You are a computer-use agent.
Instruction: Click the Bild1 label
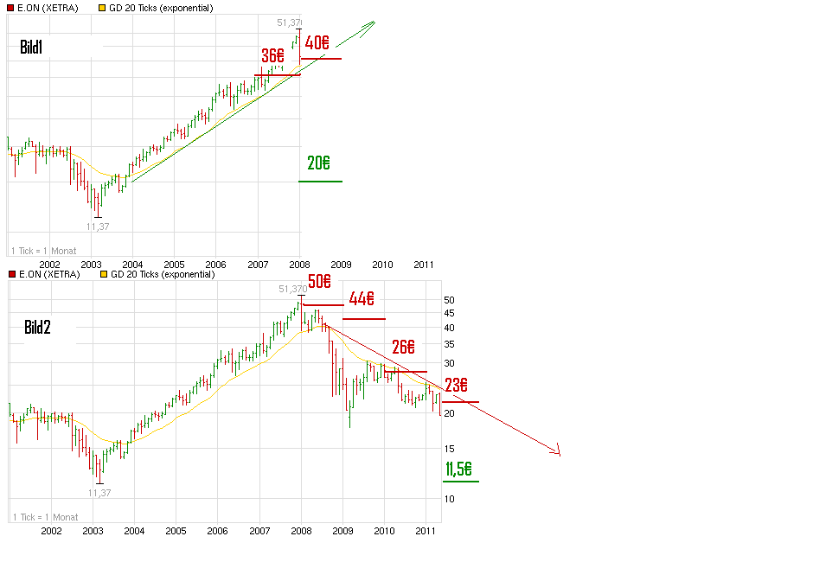31,47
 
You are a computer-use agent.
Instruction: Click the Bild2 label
37,327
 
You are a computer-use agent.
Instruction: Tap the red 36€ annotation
273,54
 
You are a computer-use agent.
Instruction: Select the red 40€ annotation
317,42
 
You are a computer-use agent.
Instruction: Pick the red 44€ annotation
361,299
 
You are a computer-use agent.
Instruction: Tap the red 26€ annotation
403,348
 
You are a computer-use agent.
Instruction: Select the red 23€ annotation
457,386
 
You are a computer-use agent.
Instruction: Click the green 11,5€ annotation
458,469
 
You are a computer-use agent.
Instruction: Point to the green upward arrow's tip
374,22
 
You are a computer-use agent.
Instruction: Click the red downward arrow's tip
560,453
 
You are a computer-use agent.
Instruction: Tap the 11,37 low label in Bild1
98,227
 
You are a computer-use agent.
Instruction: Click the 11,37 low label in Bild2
99,493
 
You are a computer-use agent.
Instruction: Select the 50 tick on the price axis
449,300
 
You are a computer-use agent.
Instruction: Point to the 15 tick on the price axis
449,449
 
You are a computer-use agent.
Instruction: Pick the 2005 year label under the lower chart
176,530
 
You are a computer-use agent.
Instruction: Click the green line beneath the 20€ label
320,181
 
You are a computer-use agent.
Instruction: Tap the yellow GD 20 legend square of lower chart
106,274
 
